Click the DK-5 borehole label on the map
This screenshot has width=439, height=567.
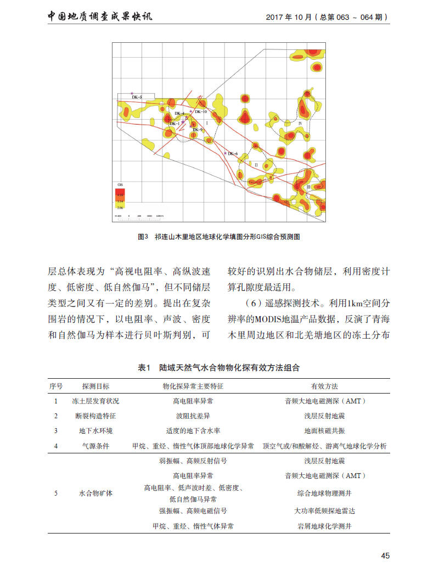[x=137, y=97]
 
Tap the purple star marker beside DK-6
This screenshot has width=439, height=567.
[x=225, y=153]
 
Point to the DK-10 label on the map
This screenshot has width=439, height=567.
[x=201, y=112]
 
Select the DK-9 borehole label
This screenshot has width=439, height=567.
[x=198, y=130]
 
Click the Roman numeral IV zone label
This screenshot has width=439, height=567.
[x=300, y=123]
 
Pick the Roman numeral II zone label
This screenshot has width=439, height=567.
[x=256, y=164]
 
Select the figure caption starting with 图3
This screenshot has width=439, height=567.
[x=219, y=237]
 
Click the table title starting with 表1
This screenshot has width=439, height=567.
[x=219, y=367]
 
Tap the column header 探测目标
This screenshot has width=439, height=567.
[x=96, y=386]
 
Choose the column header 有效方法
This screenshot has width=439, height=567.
[x=324, y=386]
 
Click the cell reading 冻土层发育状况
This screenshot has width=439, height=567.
[x=96, y=401]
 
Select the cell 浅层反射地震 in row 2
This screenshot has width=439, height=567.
[x=324, y=416]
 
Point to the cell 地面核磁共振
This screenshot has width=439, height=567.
[x=324, y=431]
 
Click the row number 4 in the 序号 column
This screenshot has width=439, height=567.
[x=55, y=446]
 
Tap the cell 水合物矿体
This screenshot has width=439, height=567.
[x=96, y=493]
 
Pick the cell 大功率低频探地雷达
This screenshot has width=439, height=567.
[x=324, y=510]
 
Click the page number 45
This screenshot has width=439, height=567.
[x=385, y=555]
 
